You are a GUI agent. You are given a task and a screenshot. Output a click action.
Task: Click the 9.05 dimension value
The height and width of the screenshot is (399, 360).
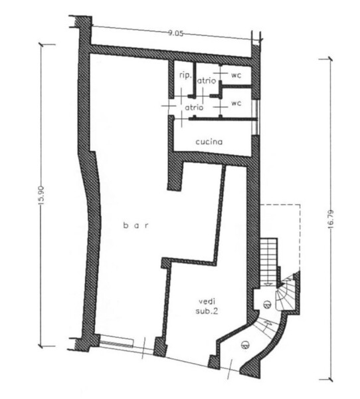[175, 33]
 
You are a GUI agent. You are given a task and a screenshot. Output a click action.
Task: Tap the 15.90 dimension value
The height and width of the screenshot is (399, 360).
[42, 195]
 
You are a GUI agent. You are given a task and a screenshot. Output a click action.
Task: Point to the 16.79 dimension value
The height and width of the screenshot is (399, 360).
[331, 219]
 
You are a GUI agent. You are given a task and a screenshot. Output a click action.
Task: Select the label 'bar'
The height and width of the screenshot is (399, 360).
[135, 225]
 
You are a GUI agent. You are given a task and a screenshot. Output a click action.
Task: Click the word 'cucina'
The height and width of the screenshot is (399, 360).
[209, 142]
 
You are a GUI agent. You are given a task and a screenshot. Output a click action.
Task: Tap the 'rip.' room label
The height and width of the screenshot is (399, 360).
[185, 75]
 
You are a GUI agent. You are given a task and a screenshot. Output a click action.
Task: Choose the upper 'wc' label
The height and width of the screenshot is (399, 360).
[236, 75]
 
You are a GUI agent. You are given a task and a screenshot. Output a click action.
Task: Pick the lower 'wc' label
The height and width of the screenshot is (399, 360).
[236, 103]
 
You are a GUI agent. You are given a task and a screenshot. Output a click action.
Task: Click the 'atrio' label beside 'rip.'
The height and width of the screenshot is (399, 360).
[207, 80]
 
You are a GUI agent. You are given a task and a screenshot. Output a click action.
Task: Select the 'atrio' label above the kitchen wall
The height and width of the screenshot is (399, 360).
[194, 107]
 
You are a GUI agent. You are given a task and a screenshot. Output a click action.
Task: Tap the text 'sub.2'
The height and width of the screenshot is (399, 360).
[207, 311]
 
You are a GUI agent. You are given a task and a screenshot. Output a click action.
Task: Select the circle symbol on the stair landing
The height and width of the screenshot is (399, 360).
[267, 304]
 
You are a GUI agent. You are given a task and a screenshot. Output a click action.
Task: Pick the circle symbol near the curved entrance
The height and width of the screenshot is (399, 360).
[244, 345]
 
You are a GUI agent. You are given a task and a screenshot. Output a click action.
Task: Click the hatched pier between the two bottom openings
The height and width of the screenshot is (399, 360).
[161, 346]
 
